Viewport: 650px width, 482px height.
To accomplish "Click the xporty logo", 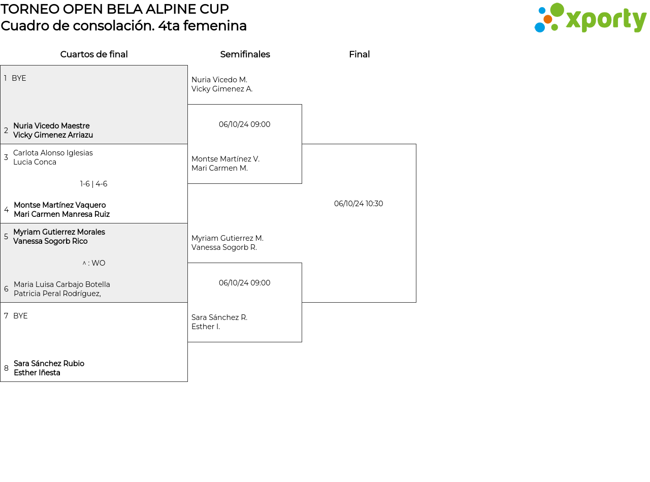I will coord(590,18).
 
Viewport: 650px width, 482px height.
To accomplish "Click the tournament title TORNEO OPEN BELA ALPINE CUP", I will coord(115,9).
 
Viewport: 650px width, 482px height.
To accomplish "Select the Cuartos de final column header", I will coord(94,54).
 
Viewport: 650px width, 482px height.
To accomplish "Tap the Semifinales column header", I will coord(245,54).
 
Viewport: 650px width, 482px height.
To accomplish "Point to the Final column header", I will coord(359,54).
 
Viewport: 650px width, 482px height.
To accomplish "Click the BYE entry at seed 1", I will coord(19,78).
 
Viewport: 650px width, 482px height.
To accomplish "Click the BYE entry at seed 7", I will coord(20,316).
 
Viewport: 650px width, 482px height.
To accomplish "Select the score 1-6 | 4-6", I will coord(93,184).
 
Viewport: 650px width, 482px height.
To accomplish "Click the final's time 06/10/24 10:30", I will coord(359,204).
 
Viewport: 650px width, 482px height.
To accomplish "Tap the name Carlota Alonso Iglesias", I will coord(53,153).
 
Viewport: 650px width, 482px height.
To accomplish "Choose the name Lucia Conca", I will coord(35,162).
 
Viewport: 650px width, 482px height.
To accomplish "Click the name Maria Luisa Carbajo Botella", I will coord(62,284).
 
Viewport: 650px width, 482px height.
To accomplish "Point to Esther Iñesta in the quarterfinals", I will coord(37,373).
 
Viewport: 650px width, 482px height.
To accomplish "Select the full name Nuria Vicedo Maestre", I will coord(51,126).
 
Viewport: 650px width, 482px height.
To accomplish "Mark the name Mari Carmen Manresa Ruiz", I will coord(61,214).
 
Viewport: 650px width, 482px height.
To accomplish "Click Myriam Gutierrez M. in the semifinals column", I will coord(227,238).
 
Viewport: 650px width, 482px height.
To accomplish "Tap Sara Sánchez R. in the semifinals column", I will coord(219,317).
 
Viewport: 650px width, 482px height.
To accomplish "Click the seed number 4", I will coord(6,210).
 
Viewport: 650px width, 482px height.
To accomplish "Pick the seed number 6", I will coord(6,289).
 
